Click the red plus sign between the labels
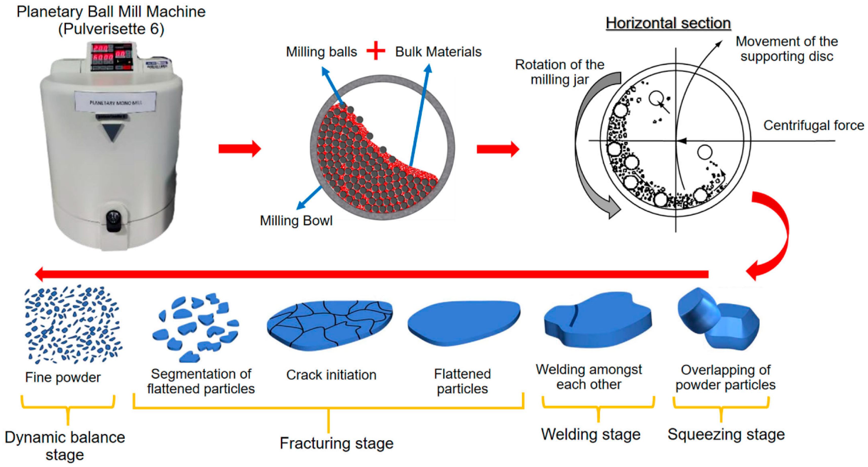click(x=376, y=51)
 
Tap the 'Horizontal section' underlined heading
click(x=668, y=23)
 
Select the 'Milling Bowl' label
click(x=296, y=221)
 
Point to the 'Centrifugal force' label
click(x=813, y=125)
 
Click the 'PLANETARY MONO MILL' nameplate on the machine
click(x=115, y=102)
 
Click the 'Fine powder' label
click(x=63, y=377)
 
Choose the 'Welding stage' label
click(x=591, y=434)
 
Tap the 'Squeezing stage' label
click(x=726, y=434)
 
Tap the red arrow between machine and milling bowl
click(x=239, y=148)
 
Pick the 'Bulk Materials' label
click(x=438, y=52)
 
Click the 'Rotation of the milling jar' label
click(x=560, y=72)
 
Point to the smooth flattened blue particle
click(x=464, y=323)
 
